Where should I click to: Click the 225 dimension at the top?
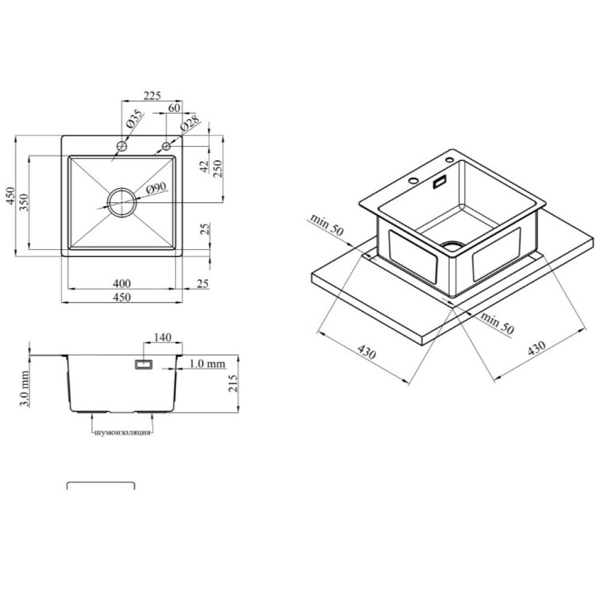152,95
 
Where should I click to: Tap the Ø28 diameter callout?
190,123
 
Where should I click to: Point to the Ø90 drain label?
156,188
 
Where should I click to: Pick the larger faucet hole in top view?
122,146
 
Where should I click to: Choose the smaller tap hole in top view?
166,146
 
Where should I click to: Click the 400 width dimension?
122,283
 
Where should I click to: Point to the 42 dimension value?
204,166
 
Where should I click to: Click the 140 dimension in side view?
162,337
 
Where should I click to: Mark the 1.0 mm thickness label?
207,364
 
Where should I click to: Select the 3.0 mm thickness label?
24,388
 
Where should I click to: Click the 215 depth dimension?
232,383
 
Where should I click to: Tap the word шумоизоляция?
122,433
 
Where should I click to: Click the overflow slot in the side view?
144,365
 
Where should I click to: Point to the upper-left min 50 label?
327,225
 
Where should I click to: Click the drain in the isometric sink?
453,246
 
